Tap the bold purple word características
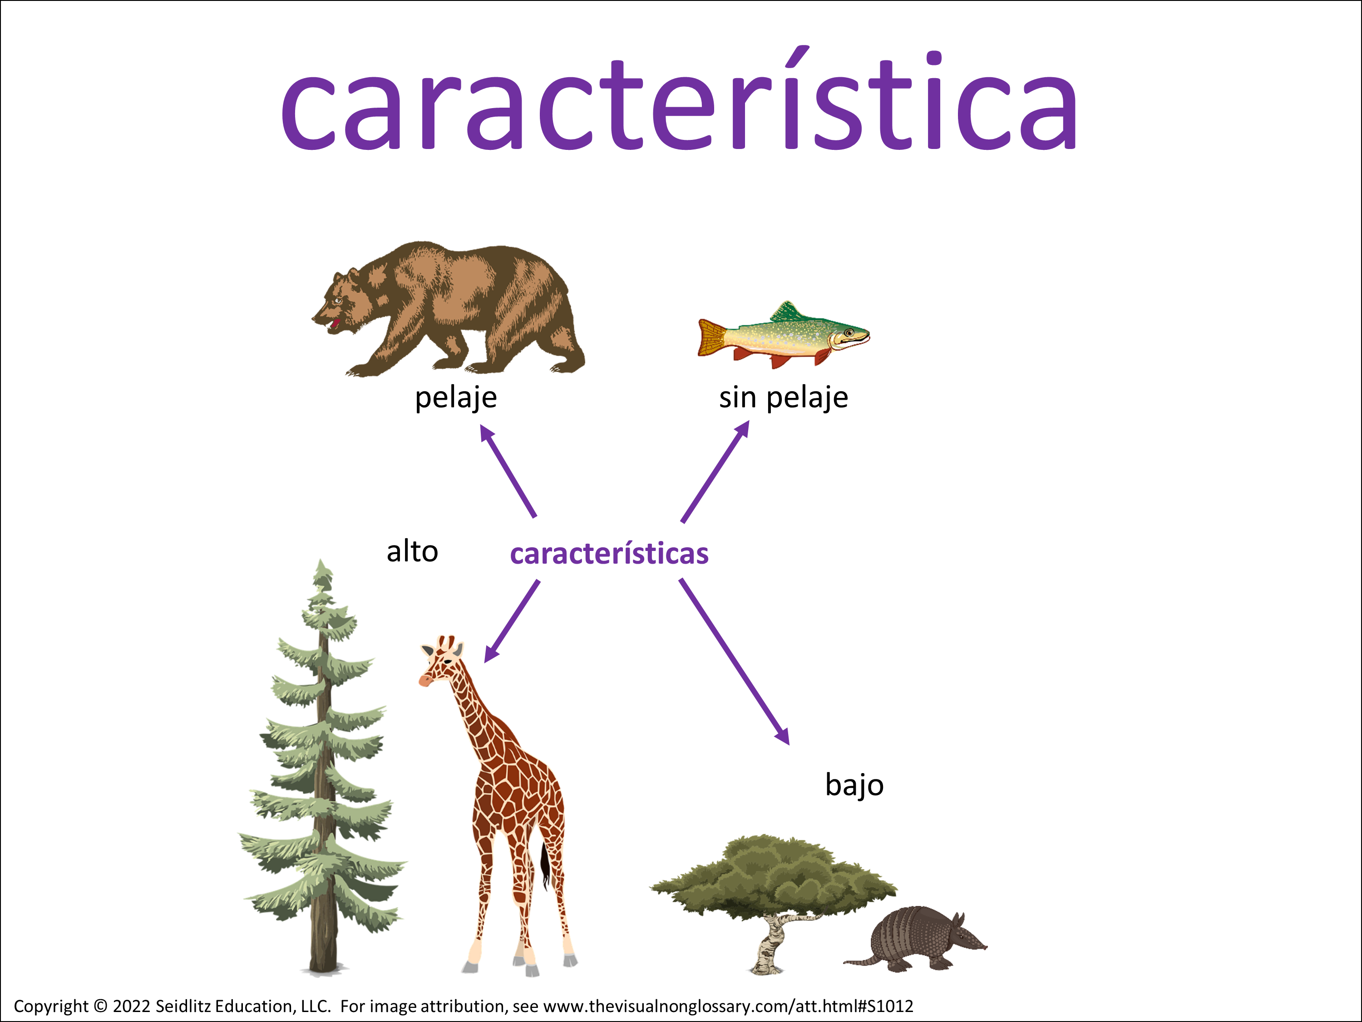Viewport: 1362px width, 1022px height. (609, 553)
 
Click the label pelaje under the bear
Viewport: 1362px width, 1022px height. (456, 398)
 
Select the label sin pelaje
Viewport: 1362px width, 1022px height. (783, 398)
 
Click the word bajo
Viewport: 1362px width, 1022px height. (854, 785)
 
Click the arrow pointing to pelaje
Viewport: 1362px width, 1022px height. (508, 471)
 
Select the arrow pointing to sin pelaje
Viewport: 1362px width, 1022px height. (716, 471)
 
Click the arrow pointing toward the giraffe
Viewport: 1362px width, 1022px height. (512, 621)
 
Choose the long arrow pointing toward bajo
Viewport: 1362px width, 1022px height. (734, 662)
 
